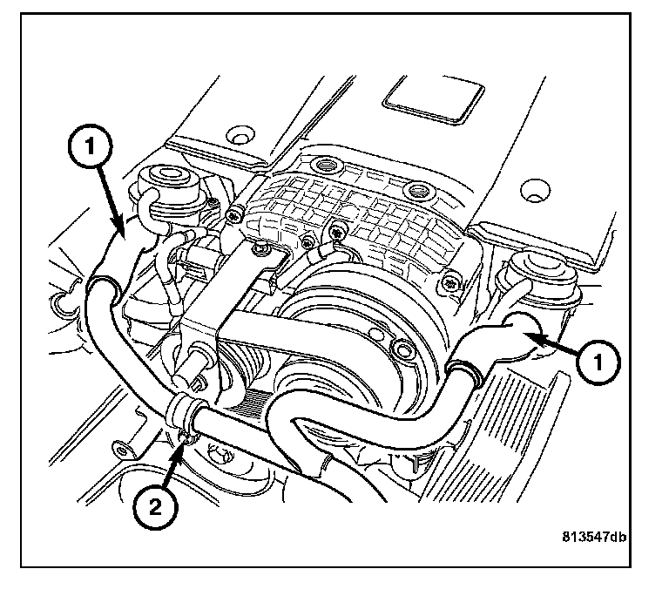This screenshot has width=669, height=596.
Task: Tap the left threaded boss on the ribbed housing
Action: coord(328,165)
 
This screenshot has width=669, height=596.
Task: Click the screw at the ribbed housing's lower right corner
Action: coord(448,282)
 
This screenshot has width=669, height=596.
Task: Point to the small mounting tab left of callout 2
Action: coord(122,450)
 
